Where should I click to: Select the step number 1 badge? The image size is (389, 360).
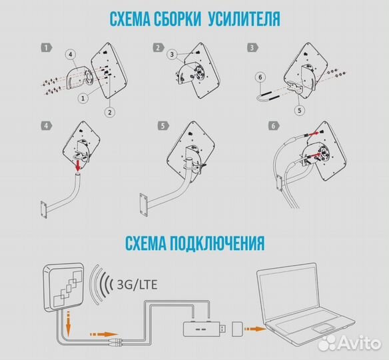click(45, 48)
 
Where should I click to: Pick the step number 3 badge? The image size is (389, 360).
click(252, 48)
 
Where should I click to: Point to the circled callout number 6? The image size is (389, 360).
click(260, 77)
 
